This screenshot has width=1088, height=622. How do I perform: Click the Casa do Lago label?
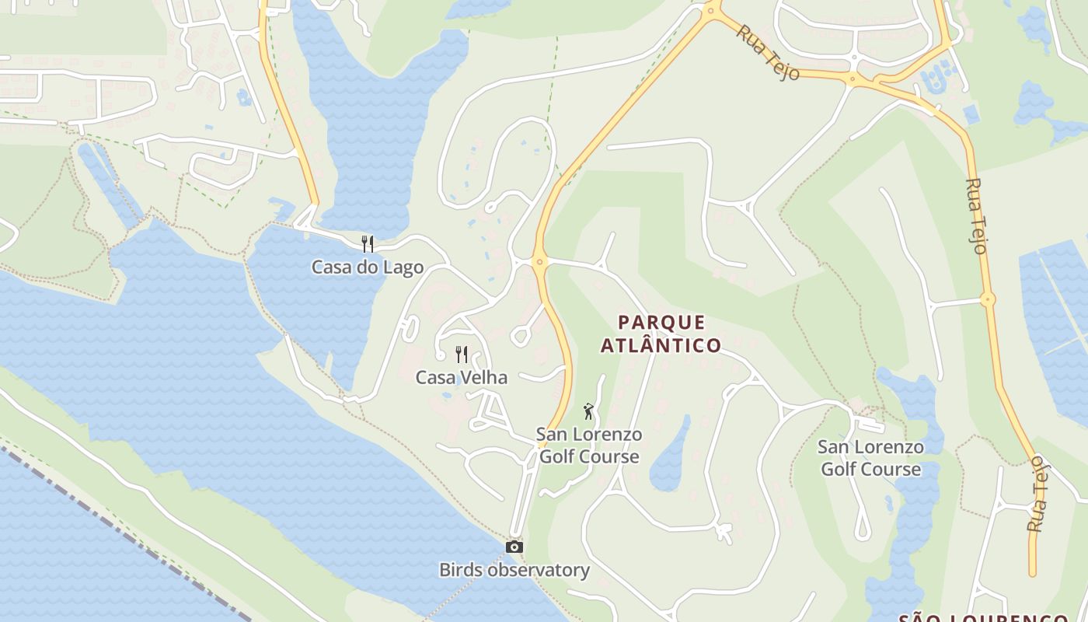coord(368,267)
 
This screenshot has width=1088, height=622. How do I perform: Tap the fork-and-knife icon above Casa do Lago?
coord(368,244)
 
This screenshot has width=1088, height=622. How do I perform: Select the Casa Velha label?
coord(461,378)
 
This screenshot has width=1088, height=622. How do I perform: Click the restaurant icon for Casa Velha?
coord(462,355)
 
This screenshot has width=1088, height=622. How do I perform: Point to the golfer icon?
coord(588,411)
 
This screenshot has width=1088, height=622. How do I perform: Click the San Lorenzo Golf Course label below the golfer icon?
coord(589,446)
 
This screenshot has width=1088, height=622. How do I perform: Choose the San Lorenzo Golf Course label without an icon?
coord(870,458)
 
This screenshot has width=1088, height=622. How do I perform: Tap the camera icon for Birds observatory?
coord(514,547)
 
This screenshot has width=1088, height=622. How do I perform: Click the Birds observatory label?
coord(514,570)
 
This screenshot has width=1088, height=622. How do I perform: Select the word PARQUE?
coord(661,323)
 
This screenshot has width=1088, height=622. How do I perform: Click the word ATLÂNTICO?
coord(661,345)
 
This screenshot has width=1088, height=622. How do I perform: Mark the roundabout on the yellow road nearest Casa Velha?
coord(540,262)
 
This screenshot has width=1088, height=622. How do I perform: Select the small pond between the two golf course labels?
coord(669,459)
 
